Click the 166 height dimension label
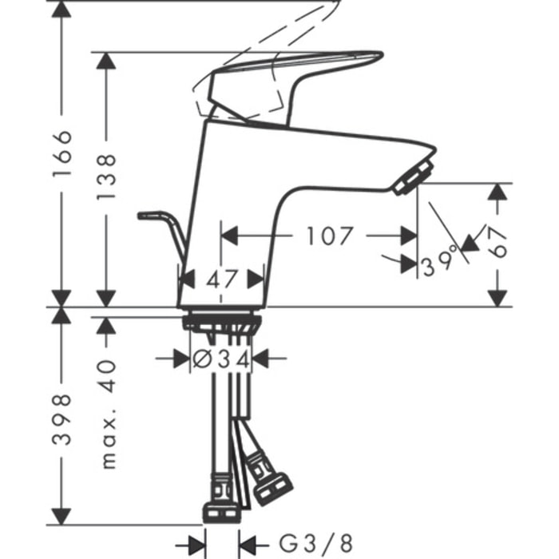pyautogui.click(x=61, y=153)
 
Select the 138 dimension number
pyautogui.click(x=106, y=177)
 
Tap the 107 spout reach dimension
pyautogui.click(x=330, y=236)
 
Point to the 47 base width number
pyautogui.click(x=221, y=279)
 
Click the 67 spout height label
pyautogui.click(x=497, y=243)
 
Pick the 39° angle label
pyautogui.click(x=439, y=262)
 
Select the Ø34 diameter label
pyautogui.click(x=221, y=359)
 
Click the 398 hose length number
pyautogui.click(x=61, y=419)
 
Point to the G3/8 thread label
pyautogui.click(x=315, y=544)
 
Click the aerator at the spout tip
pyautogui.click(x=414, y=177)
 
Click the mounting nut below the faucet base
pyautogui.click(x=222, y=322)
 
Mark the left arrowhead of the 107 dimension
pyautogui.click(x=229, y=236)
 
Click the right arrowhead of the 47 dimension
pyautogui.click(x=256, y=279)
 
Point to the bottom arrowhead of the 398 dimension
pyautogui.click(x=61, y=516)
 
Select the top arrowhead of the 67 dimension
pyautogui.click(x=498, y=192)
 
